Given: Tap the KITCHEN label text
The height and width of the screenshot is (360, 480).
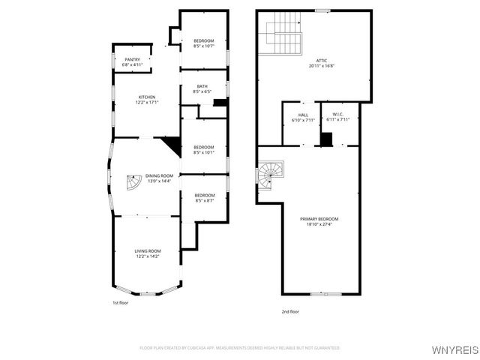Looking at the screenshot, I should pos(147,97).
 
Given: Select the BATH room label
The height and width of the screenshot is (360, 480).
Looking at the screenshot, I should pos(202,86).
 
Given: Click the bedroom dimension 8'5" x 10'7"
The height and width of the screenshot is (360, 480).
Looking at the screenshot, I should pos(204,46).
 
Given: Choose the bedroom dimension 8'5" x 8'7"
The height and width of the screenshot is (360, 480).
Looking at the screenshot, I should pos(204,200).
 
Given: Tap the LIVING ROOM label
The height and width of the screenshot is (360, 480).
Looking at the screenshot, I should pos(148,251).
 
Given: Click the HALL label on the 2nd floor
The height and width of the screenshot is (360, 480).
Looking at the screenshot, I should pos(303,115).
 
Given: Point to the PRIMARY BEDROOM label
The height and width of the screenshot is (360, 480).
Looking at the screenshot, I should pos(319,219).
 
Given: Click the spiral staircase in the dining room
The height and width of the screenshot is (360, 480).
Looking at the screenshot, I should pos(132,183).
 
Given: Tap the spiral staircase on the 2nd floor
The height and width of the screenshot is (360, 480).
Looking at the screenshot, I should pos(268,174).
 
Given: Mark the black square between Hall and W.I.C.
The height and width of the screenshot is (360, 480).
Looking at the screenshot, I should pos(326,139).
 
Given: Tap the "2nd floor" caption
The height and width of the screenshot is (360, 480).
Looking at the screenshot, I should pos(289,311).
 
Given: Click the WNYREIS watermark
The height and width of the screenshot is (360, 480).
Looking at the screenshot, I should pos(454,349).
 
